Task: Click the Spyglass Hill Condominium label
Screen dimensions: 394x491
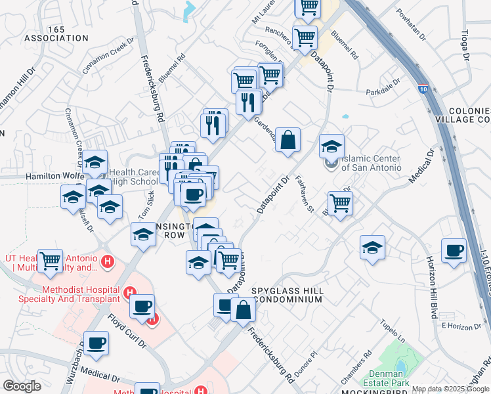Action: point(288,294)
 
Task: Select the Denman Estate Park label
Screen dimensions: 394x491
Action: point(387,378)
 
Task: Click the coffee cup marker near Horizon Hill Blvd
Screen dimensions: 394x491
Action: point(454,251)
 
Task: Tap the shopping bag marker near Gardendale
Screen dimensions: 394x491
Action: point(288,140)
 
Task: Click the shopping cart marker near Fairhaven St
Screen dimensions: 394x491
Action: point(340,203)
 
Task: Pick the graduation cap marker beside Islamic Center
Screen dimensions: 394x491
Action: point(332,146)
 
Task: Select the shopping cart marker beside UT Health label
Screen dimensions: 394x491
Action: point(51,261)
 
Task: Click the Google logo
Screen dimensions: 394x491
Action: point(22,387)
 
